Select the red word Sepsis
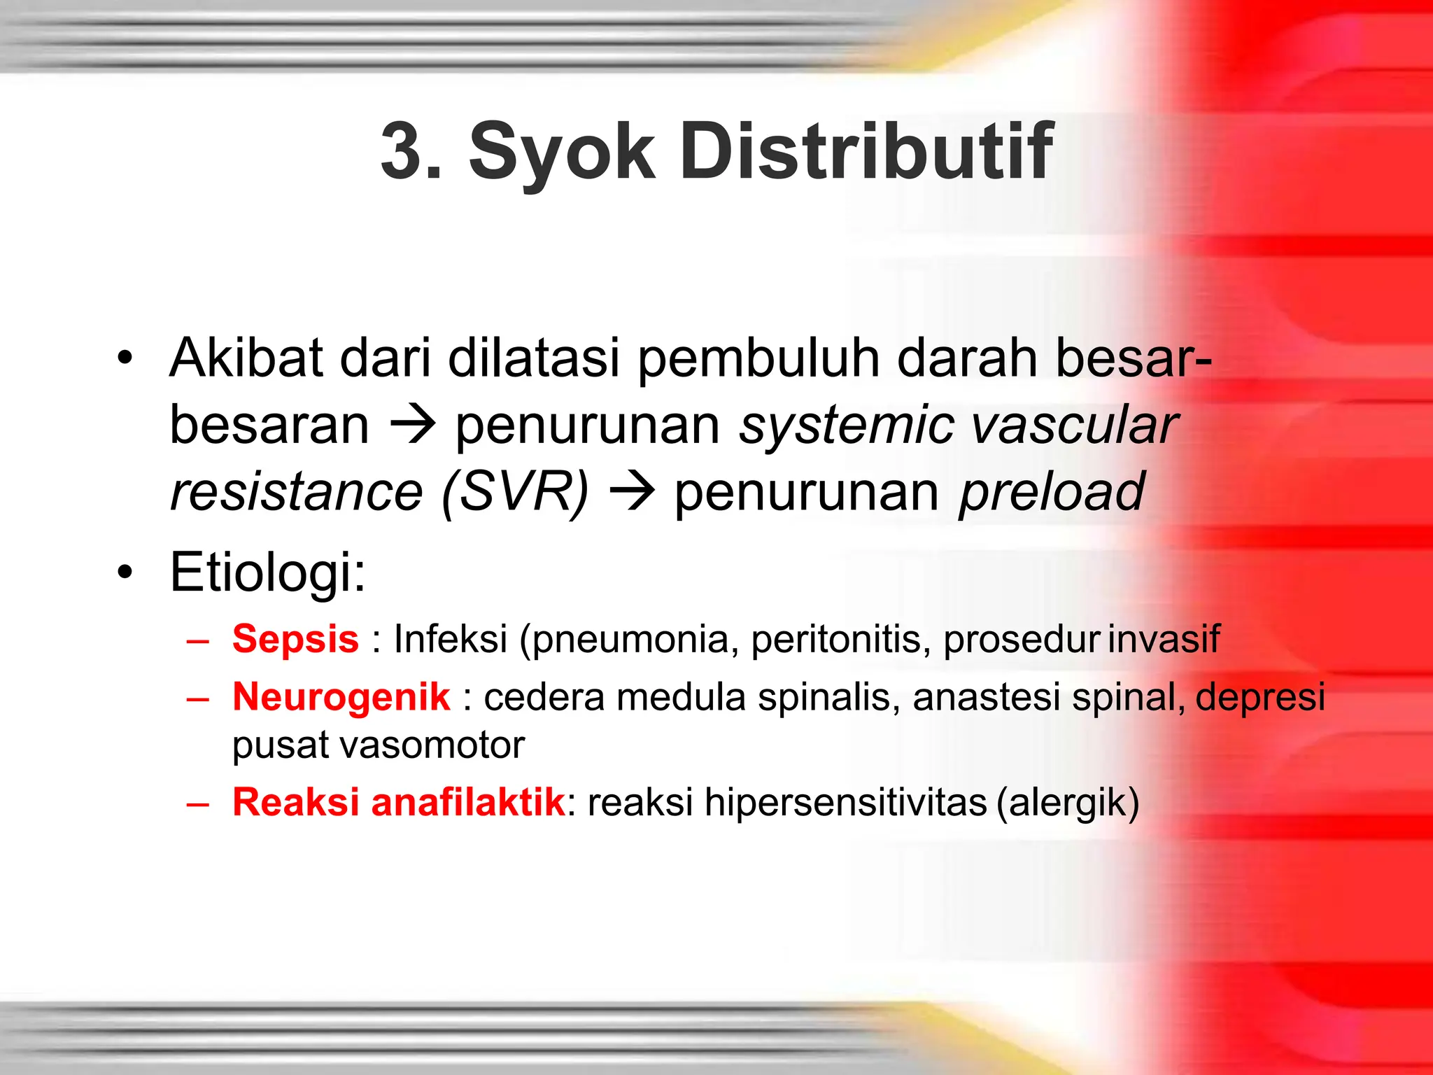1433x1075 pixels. (295, 639)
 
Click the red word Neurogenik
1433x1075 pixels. (341, 697)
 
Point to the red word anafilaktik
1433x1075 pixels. (467, 802)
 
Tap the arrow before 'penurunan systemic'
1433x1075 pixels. (413, 425)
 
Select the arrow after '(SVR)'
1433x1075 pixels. (632, 492)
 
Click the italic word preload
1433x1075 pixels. (1051, 492)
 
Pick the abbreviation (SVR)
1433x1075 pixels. (515, 492)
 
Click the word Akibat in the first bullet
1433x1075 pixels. (246, 358)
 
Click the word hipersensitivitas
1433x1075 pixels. (845, 802)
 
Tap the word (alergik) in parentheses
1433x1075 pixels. (1068, 802)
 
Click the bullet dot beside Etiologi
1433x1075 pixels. (125, 572)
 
